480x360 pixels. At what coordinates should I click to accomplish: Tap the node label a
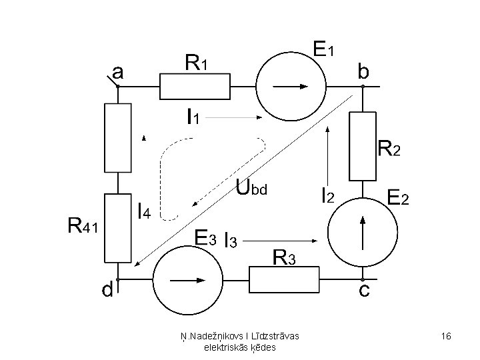[x=118, y=73]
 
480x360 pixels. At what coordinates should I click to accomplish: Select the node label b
[x=363, y=71]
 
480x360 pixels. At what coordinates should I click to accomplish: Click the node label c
[x=364, y=289]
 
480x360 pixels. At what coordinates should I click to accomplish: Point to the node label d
[x=107, y=289]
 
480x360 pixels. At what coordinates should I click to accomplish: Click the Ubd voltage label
[x=251, y=187]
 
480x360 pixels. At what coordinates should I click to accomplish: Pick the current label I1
[x=193, y=117]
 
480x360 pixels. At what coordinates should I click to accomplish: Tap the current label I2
[x=328, y=195]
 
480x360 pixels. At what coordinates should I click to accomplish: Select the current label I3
[x=231, y=240]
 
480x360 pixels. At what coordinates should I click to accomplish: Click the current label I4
[x=144, y=211]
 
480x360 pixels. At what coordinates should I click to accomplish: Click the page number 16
[x=446, y=336]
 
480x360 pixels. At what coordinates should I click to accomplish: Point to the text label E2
[x=398, y=197]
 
